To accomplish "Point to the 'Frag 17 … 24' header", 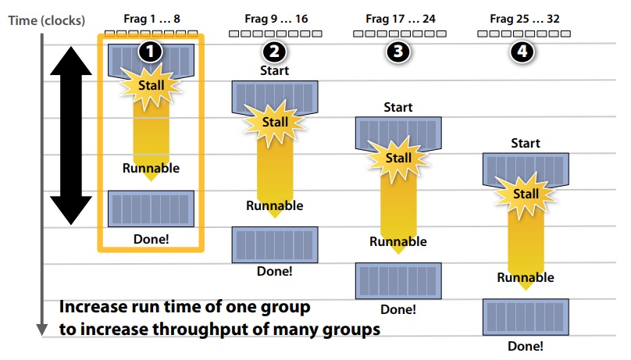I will pos(400,18).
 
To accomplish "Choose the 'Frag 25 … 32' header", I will pos(524,18).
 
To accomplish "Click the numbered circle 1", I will pos(150,52).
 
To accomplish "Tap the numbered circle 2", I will pos(274,52).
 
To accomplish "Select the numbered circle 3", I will pos(399,52).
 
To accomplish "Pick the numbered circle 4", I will pos(523,52).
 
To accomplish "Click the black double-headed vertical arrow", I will pos(71,134).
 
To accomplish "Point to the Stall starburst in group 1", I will pos(151,85).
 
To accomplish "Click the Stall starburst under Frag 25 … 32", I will pos(526,193).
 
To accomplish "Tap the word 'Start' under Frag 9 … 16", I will pos(274,71).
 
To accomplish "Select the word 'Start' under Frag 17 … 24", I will pos(399,107).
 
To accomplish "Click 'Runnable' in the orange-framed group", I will pos(151,167).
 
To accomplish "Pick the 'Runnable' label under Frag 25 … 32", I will pos(526,277).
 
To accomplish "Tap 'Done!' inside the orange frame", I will pos(151,238).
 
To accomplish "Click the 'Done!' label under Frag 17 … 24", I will pos(399,308).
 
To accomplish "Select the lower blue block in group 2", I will pos(274,244).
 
